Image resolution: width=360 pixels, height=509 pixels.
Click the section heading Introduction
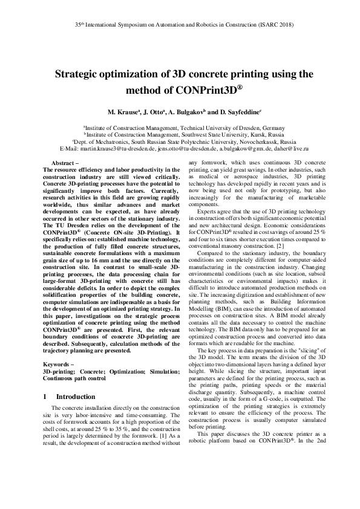click(x=75, y=397)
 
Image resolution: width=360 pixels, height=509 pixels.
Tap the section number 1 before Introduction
click(x=45, y=397)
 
